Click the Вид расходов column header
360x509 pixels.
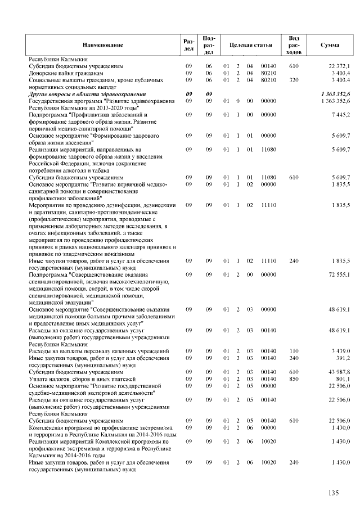coord(293,44)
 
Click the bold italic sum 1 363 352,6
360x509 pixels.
coord(336,93)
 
